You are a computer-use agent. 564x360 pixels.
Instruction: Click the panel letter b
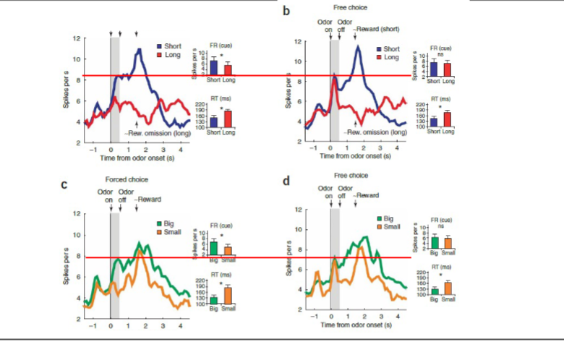click(x=287, y=12)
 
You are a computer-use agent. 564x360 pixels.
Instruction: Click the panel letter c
click(x=64, y=184)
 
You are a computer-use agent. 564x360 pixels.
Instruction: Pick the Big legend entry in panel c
click(x=170, y=223)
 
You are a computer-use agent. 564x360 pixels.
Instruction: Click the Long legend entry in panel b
click(x=390, y=56)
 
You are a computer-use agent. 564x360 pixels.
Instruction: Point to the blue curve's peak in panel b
click(x=358, y=46)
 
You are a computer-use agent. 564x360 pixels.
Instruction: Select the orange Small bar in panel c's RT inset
click(x=228, y=295)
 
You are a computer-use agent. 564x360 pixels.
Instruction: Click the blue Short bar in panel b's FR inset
click(x=434, y=69)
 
